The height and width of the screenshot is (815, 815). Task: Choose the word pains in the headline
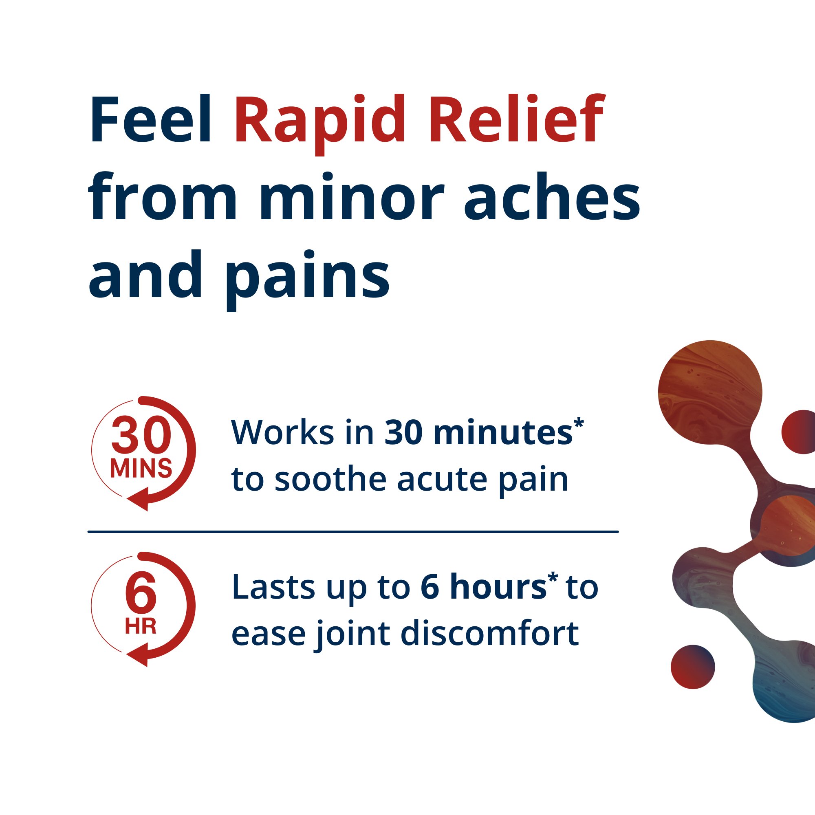[308, 276]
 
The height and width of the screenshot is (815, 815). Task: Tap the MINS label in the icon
[141, 468]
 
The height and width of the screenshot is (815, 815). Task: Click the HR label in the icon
[141, 626]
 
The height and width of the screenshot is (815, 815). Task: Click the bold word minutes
[502, 433]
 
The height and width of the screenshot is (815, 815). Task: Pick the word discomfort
[489, 634]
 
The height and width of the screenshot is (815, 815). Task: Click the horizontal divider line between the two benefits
[352, 532]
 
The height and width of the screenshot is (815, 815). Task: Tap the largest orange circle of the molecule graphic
[710, 392]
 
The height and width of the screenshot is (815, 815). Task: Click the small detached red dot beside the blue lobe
[693, 667]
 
